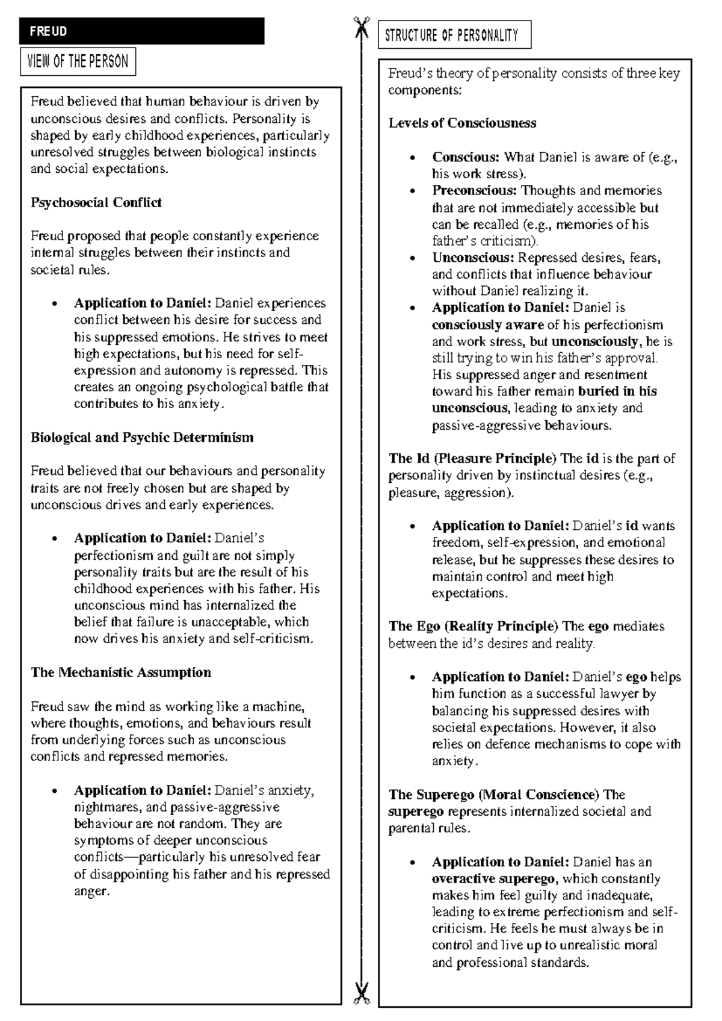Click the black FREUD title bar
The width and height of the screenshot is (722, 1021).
coord(141,31)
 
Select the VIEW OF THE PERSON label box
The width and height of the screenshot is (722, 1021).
coord(78,62)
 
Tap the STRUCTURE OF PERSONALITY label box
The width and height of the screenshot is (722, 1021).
coord(454,36)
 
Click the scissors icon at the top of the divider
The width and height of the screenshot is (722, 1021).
coord(362,27)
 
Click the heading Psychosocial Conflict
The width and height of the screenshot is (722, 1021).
coord(96,202)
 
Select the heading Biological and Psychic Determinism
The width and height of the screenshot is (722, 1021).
coord(142,438)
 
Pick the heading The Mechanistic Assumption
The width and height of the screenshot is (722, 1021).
coord(121,672)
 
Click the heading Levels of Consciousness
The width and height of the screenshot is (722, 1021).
coord(462,123)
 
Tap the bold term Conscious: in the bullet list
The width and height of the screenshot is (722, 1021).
coord(466,158)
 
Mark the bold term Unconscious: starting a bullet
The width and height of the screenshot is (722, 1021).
coord(473,258)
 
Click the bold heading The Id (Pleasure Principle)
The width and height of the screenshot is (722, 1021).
coord(473,459)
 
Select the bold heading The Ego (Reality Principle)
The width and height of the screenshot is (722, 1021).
coord(474,627)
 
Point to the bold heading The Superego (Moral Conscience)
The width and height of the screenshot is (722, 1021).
coord(494,795)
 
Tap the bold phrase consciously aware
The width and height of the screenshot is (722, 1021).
coord(487,325)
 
